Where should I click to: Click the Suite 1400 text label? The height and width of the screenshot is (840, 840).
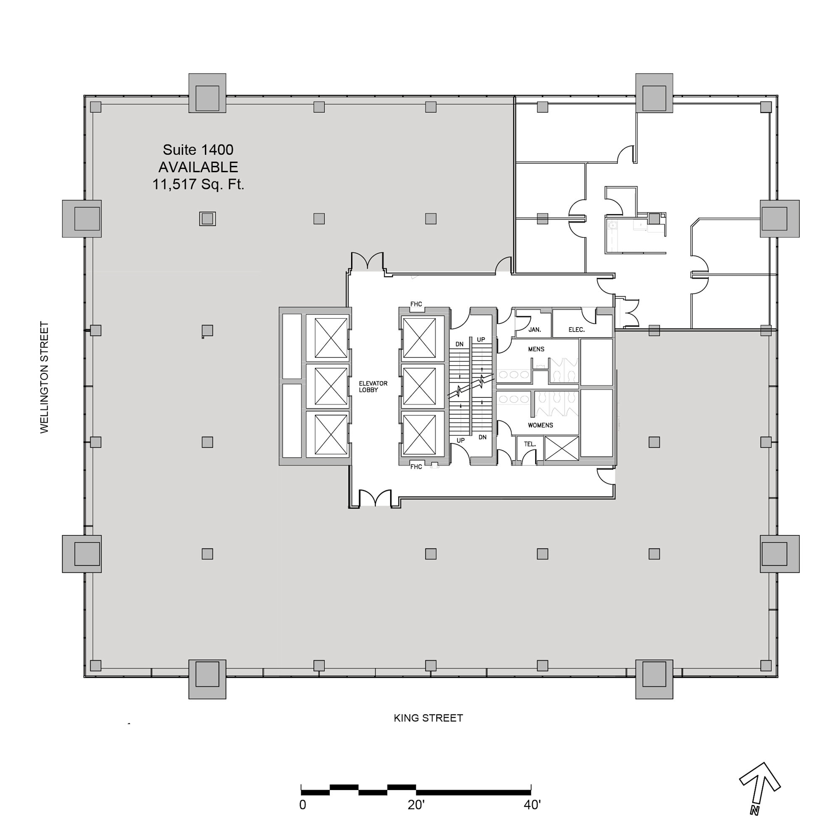coord(198,150)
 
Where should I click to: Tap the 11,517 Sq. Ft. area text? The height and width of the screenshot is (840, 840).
coord(198,184)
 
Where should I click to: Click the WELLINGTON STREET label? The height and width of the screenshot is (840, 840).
coord(45,377)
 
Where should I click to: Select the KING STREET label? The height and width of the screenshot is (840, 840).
coord(428,718)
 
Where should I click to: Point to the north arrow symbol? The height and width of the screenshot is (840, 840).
coord(761,788)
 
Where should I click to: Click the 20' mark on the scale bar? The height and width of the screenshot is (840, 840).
coord(416,805)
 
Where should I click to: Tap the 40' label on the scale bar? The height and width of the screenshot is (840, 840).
coord(532,805)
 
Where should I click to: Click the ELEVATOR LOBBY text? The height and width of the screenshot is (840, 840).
coord(373,386)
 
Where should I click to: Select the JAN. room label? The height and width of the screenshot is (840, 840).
coord(534,330)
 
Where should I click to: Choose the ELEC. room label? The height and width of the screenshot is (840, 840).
coord(576,330)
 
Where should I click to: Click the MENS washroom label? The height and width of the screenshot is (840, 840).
coord(535,349)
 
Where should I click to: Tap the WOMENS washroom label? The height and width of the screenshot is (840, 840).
coord(540,425)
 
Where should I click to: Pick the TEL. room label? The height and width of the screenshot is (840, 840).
coord(530,444)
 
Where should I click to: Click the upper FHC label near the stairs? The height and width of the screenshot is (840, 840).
coord(416,304)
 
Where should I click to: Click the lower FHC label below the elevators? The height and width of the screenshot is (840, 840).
coord(416,467)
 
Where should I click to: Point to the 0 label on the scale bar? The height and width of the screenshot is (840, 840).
coord(302,805)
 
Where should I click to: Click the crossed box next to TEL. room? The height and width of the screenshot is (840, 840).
coord(561,448)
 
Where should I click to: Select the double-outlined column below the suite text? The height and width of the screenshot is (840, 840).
coord(207,219)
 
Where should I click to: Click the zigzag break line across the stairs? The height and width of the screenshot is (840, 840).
coord(471,386)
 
